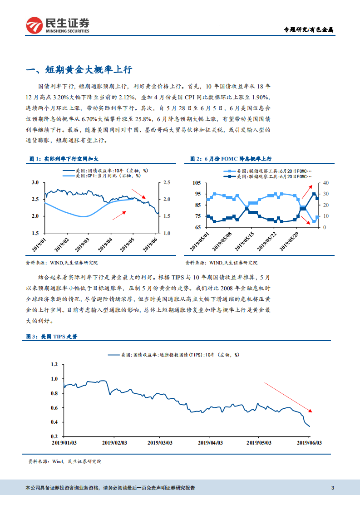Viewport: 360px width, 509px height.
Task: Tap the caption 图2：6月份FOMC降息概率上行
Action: (231, 159)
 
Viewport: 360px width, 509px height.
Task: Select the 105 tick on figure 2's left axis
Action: (197, 183)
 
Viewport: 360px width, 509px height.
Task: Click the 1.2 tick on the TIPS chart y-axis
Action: (55, 364)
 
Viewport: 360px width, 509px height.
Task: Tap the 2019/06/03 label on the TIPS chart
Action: (310, 442)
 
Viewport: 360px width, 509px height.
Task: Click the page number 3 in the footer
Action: (333, 488)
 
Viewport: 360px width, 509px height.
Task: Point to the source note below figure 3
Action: (65, 461)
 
